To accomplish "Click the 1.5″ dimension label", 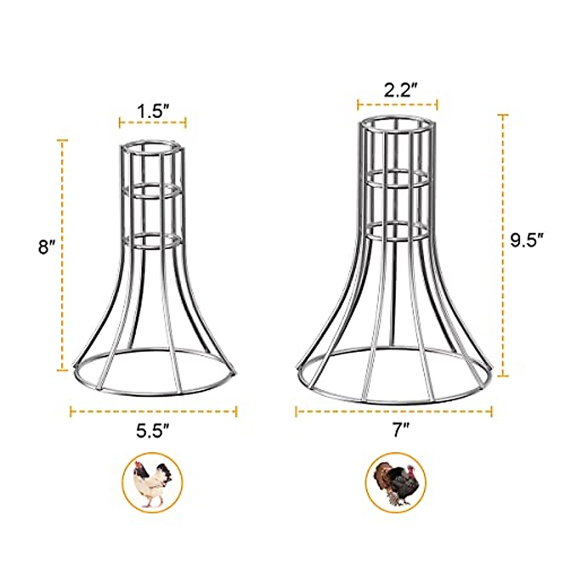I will (x=153, y=112).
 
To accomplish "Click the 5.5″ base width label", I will (x=153, y=431).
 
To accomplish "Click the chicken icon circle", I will (x=152, y=483).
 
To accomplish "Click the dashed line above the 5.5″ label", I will (x=153, y=412).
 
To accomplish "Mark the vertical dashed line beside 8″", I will (x=62, y=254).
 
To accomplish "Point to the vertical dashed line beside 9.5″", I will (x=503, y=245).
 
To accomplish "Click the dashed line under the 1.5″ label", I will (x=153, y=123).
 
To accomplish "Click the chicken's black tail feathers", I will (x=164, y=471).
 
